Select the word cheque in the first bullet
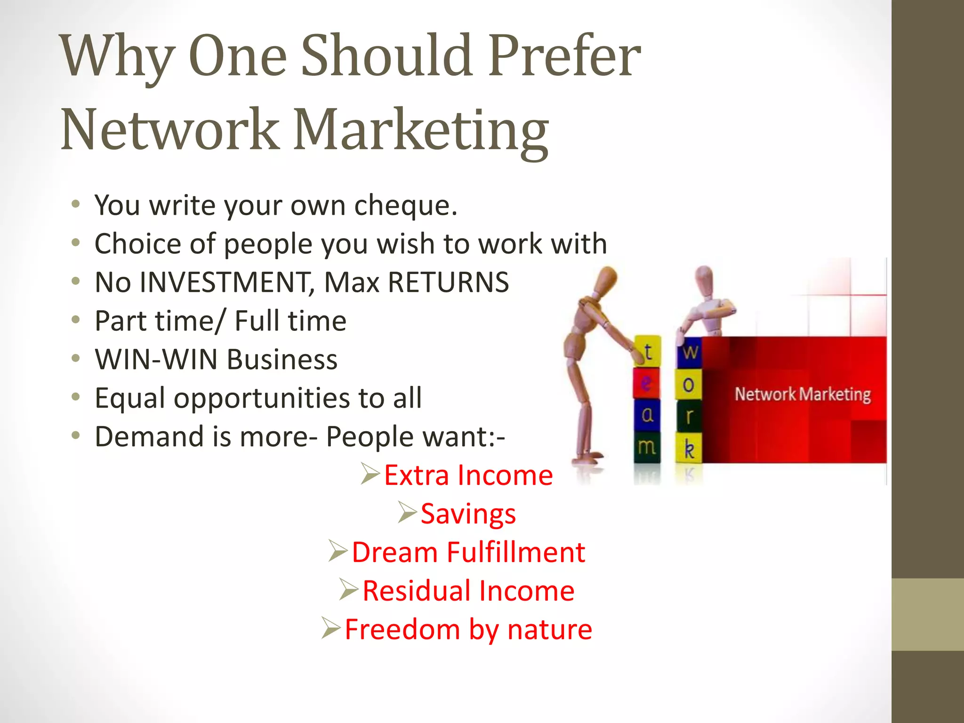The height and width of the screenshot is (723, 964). pyautogui.click(x=405, y=206)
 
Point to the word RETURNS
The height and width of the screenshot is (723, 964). pyautogui.click(x=448, y=282)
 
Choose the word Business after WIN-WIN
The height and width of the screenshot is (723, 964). pyautogui.click(x=282, y=360)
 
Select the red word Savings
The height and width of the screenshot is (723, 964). pyautogui.click(x=468, y=514)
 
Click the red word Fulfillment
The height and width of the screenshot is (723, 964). pyautogui.click(x=516, y=552)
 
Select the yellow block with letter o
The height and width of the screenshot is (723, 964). pyautogui.click(x=688, y=385)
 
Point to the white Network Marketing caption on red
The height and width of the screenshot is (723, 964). pyautogui.click(x=803, y=394)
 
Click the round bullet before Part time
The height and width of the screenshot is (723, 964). pyautogui.click(x=76, y=320)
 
